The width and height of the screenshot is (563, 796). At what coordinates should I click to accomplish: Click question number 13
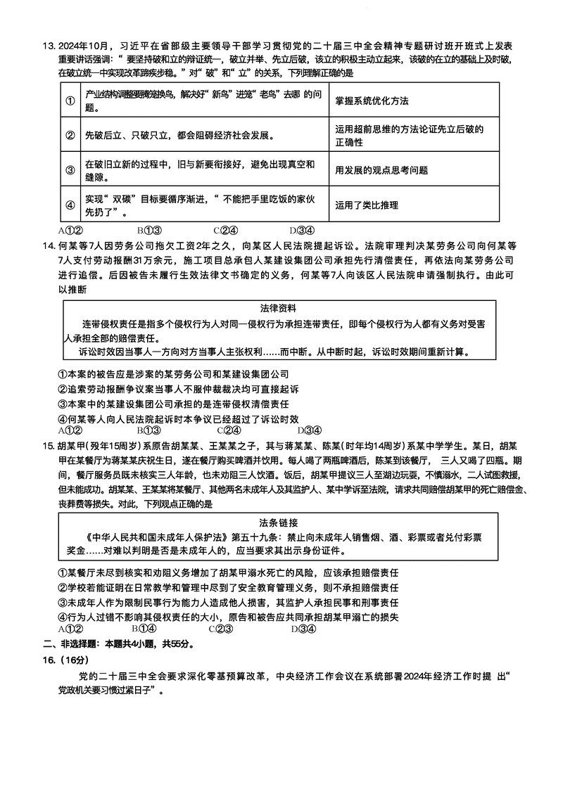49,46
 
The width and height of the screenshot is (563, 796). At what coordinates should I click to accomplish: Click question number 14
49,245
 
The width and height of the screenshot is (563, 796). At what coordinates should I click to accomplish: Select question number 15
49,446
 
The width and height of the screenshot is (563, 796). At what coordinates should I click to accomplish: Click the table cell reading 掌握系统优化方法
372,101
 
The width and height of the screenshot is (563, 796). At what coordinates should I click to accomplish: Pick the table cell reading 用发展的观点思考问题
381,170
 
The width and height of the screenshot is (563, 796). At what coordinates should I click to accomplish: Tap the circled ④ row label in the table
70,205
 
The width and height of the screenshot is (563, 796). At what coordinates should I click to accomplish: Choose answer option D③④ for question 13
301,230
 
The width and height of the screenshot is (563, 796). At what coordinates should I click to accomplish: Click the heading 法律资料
278,308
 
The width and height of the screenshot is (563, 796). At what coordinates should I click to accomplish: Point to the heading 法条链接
278,522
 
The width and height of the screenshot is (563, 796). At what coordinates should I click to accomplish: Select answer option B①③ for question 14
149,430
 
